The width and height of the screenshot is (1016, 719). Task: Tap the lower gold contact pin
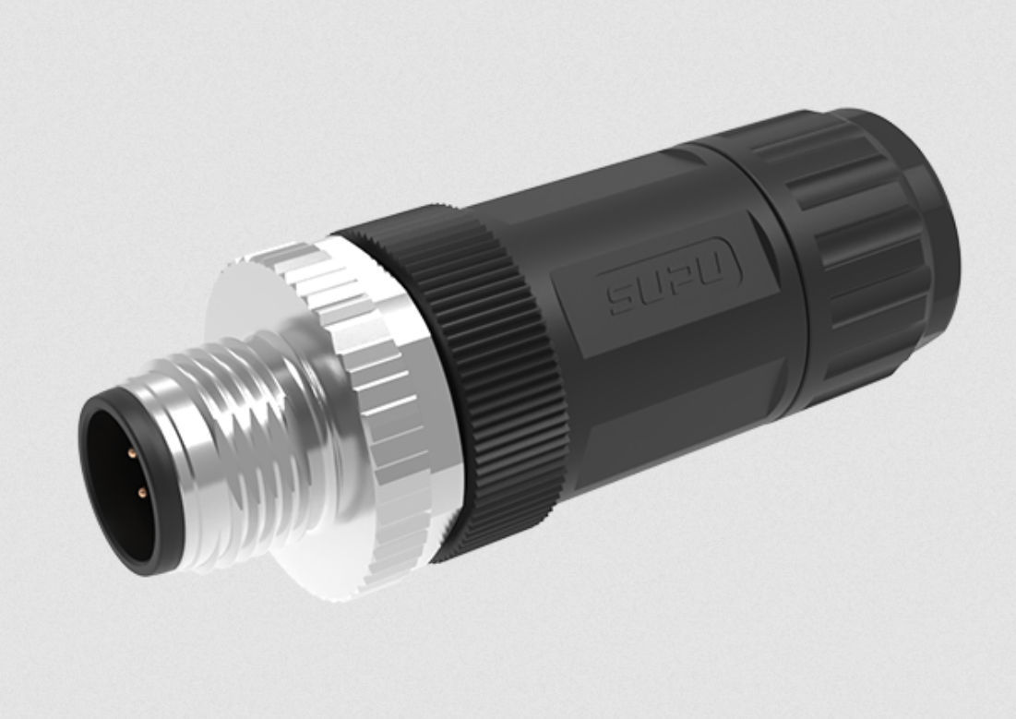click(x=141, y=494)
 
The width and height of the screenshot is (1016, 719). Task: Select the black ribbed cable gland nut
click(x=867, y=249)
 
